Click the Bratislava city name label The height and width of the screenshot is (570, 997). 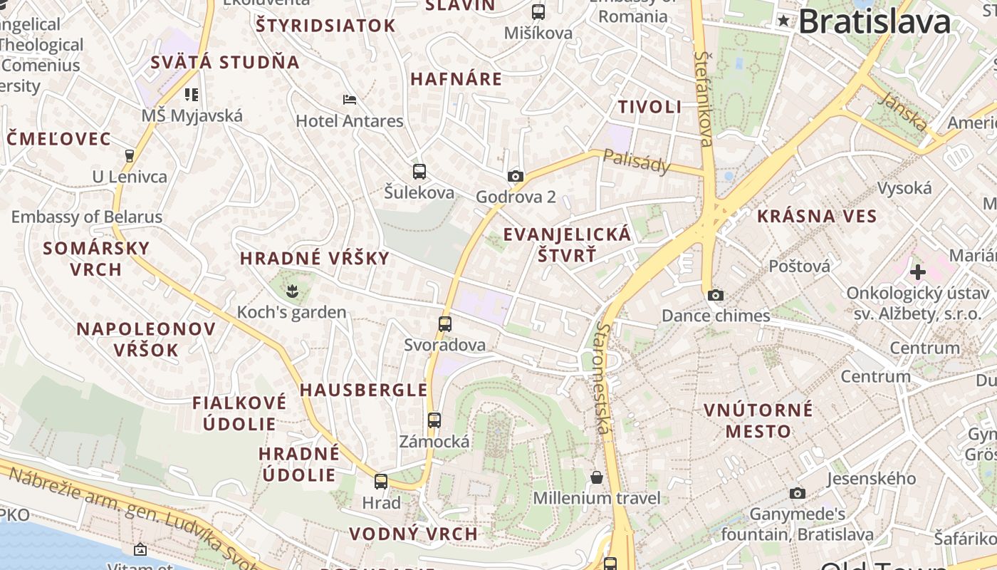point(875,21)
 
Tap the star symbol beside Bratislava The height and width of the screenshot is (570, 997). point(784,21)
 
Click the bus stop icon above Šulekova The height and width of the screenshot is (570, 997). point(419,171)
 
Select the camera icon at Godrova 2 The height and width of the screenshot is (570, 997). point(515,176)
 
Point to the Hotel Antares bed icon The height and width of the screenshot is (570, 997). point(350,99)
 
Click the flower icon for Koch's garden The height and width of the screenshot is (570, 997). point(291,290)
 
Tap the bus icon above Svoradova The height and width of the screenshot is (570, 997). point(445,324)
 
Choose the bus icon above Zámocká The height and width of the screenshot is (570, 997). point(434,420)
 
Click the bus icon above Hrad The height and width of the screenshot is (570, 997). point(381,482)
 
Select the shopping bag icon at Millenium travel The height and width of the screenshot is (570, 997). point(597,477)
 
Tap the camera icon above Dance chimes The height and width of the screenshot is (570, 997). point(716,295)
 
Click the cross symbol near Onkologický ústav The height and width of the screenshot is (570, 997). point(917,271)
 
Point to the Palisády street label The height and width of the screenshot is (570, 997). point(637,162)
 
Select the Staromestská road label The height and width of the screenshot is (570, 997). point(604,378)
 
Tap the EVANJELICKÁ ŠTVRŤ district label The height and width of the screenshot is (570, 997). point(567,244)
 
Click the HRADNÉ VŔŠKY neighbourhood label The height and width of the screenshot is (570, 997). point(315,258)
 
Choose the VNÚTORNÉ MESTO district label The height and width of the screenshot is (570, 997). point(758,420)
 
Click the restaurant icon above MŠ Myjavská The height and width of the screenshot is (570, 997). point(191,94)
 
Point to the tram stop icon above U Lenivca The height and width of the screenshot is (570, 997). point(130,155)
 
